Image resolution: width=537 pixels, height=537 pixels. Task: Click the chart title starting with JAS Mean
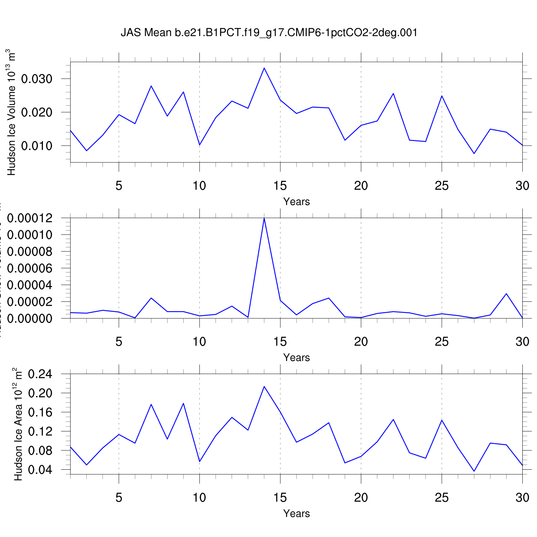[269, 33]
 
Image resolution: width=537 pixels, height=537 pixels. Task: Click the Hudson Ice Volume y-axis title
[11, 112]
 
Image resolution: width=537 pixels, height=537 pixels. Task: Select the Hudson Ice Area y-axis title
[18, 424]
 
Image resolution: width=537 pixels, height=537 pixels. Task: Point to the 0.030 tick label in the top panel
[37, 79]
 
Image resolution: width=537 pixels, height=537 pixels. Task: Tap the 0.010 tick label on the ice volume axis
[37, 146]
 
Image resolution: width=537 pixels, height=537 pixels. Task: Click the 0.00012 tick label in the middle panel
[30, 218]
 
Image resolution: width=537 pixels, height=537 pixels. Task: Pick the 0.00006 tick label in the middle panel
[30, 268]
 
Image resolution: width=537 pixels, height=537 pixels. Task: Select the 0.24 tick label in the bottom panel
[40, 374]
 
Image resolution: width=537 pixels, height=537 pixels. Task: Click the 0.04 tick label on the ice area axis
[40, 470]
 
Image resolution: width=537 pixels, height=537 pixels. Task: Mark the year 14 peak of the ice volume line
[264, 68]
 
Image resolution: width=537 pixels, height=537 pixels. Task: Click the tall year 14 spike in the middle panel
[264, 218]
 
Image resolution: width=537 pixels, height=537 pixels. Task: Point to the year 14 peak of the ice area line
[264, 387]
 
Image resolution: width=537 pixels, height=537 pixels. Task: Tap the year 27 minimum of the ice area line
[474, 471]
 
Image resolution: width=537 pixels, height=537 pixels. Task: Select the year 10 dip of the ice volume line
[199, 145]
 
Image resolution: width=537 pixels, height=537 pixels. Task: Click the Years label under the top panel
[296, 202]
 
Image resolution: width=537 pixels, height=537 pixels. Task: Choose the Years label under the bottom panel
[296, 513]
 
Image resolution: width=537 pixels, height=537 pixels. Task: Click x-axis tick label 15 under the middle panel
[280, 342]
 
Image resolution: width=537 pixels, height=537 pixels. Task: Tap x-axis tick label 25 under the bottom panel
[442, 498]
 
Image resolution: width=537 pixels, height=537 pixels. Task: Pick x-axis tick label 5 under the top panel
[119, 186]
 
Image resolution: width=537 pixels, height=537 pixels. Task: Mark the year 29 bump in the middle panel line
[506, 294]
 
